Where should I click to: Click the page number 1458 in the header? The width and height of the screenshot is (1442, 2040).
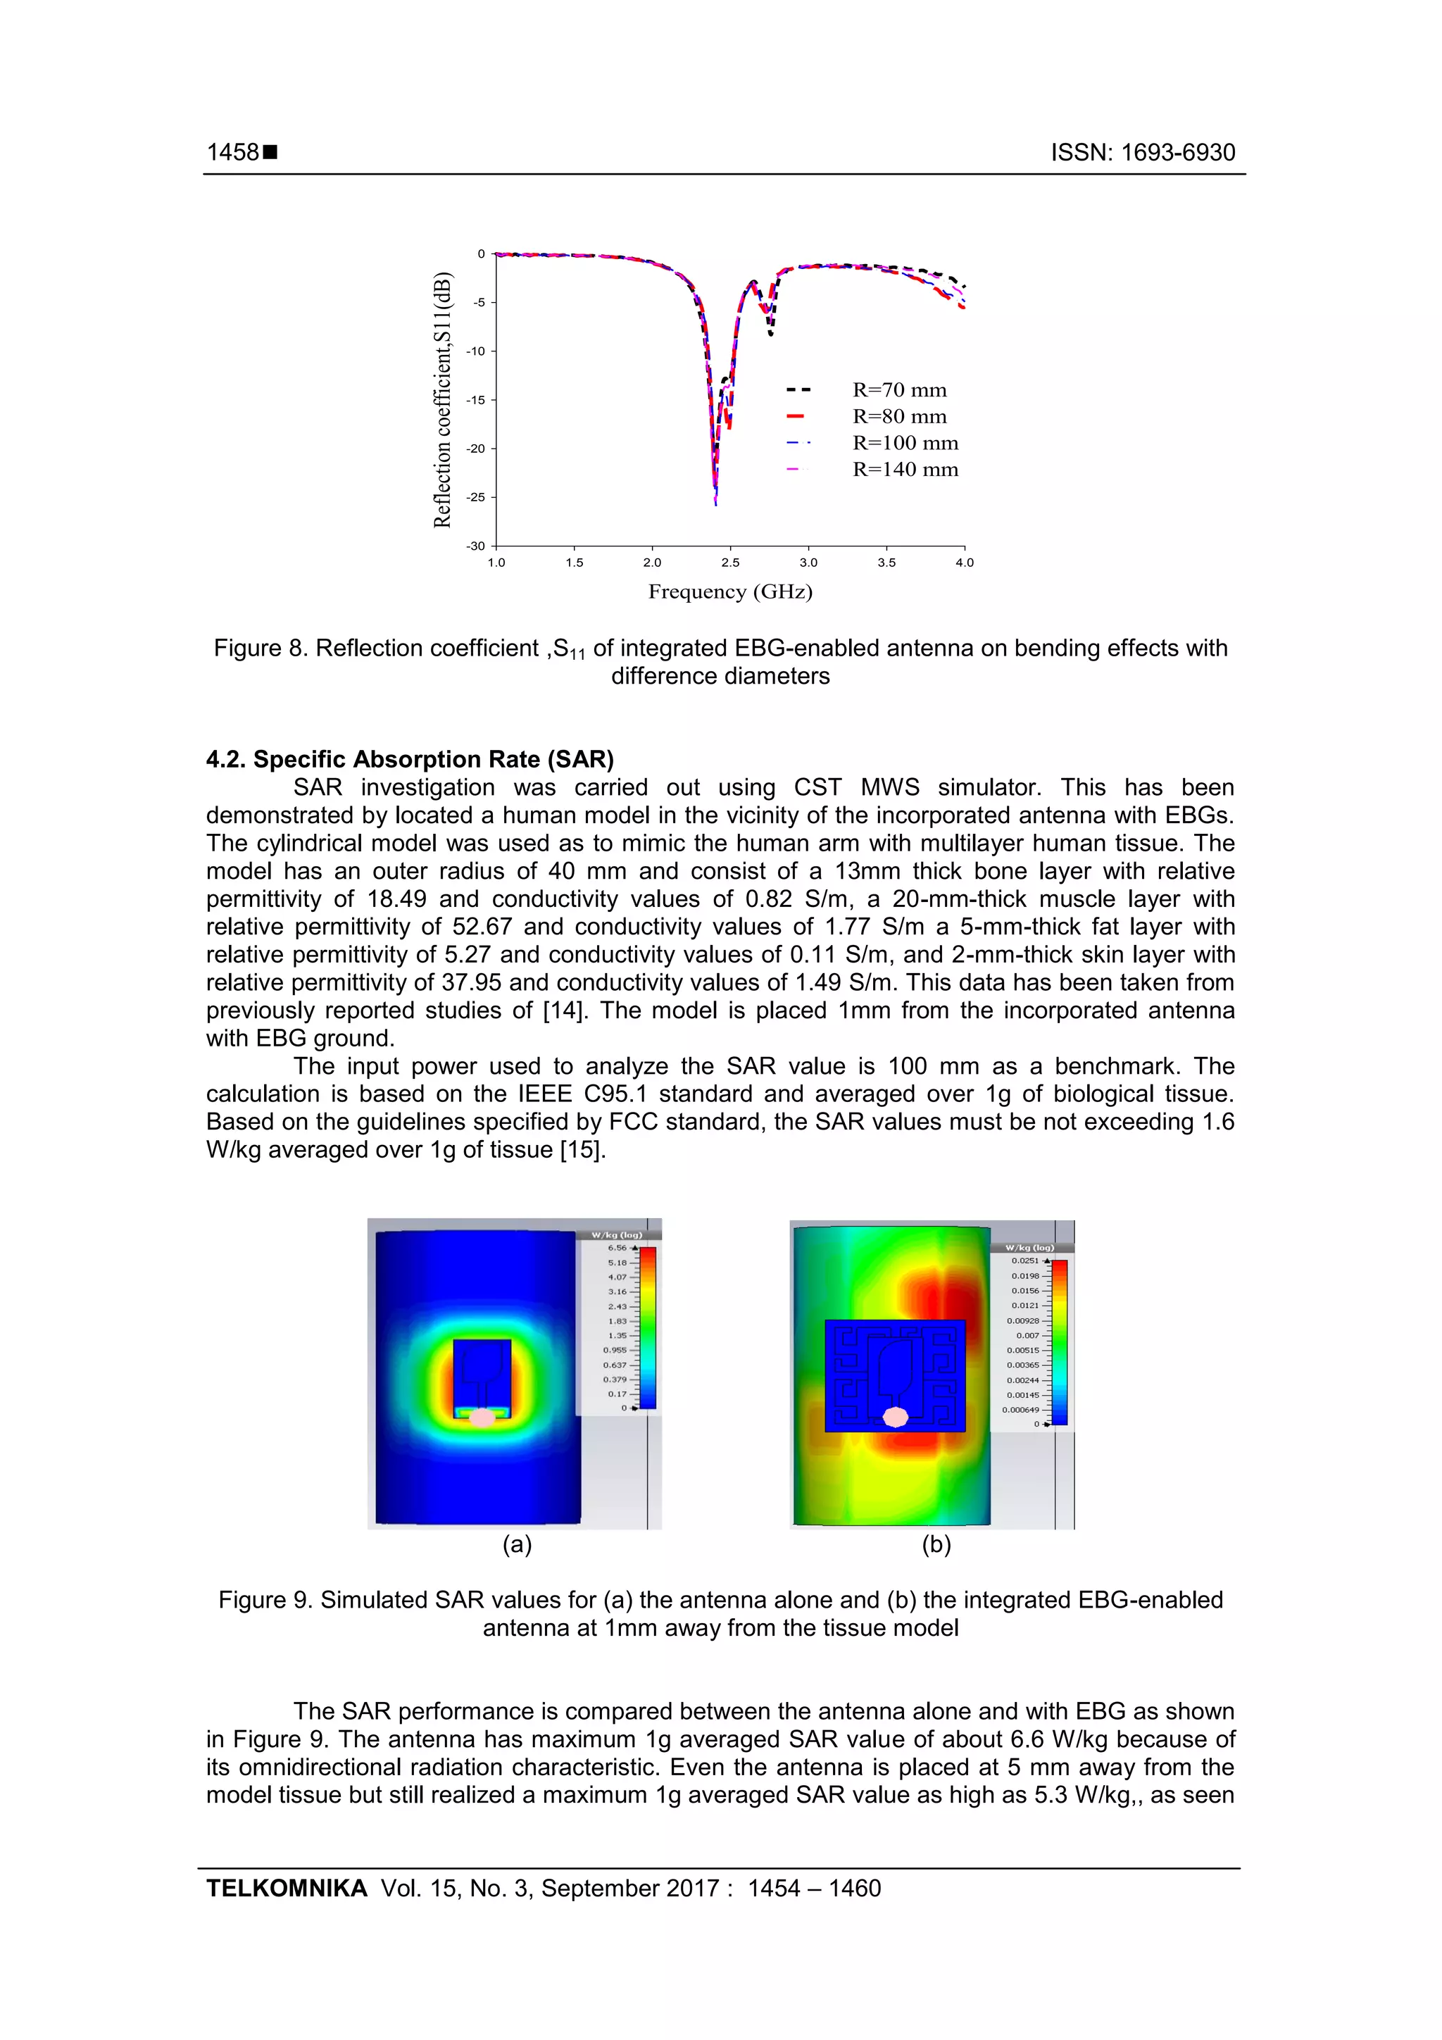[x=233, y=153]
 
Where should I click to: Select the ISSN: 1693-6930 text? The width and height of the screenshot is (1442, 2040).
[x=1143, y=153]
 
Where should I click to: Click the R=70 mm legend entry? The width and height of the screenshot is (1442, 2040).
[x=899, y=390]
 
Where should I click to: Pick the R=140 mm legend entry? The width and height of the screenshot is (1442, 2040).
[x=905, y=470]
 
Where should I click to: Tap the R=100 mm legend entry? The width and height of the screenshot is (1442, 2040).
[x=905, y=444]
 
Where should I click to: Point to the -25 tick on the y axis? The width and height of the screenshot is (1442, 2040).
[x=477, y=498]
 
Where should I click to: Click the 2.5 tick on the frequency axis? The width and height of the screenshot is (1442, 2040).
[x=730, y=563]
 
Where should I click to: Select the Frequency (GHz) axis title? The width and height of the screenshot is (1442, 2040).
[x=730, y=592]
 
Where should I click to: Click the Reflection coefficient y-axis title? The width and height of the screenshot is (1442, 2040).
[x=442, y=400]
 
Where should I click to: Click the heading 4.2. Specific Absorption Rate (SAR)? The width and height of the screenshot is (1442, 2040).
[x=410, y=760]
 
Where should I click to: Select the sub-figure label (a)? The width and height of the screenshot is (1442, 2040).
[x=517, y=1545]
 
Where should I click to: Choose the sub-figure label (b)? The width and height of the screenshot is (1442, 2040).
[x=936, y=1545]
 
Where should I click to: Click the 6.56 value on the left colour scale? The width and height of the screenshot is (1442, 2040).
[x=617, y=1249]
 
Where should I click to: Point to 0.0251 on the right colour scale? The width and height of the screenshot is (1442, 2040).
[x=1024, y=1260]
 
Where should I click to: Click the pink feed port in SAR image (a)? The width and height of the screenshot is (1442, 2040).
[x=482, y=1418]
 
